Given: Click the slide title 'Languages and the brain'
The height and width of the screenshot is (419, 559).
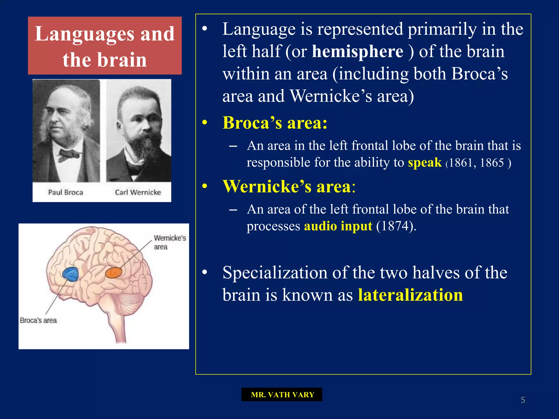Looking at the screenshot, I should coord(105,46).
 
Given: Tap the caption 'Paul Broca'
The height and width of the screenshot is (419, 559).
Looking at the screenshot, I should coord(66,192).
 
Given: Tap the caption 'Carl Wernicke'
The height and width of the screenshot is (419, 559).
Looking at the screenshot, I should coord(138,192).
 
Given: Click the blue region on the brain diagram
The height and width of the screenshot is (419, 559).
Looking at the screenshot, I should coord(71,274).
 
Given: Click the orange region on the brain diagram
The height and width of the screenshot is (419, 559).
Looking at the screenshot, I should coord(114,273).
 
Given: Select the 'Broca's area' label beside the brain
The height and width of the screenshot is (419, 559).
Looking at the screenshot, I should coord(38,320).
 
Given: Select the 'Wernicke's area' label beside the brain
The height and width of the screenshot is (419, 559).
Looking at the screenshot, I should coord(169,242).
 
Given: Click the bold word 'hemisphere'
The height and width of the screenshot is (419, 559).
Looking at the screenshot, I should coord(357,51).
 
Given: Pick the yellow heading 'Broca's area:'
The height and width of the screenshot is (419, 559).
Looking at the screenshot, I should coord(275,123).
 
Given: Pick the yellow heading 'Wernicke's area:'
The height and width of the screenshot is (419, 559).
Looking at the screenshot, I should coord(289,187).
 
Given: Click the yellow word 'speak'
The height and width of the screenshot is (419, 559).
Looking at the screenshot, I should coord(424,163).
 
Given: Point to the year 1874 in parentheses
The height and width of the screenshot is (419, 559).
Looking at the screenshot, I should coord(393,226).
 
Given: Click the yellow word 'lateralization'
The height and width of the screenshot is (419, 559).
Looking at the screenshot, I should coord(410,295).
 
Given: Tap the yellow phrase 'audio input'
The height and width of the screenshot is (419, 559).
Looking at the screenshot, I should coord(338,226).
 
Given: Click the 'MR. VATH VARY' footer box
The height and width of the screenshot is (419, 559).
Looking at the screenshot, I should coord(282,394).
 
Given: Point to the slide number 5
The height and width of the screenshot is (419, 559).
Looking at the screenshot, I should coord(523,400).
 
